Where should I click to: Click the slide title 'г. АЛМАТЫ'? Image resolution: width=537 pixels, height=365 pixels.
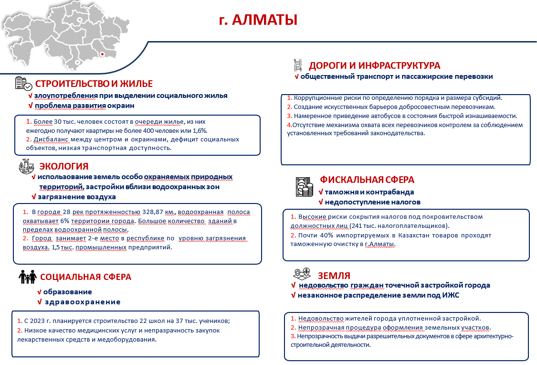258,20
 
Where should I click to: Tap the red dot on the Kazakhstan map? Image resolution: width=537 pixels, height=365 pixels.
101,54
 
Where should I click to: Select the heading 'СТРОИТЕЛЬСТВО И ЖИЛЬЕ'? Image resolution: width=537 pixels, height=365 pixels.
94,84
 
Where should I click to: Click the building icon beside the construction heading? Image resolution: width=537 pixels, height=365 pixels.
23,84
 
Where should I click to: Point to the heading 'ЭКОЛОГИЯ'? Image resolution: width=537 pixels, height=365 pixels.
63,166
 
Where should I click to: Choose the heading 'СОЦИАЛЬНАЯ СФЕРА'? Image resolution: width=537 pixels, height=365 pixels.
85,277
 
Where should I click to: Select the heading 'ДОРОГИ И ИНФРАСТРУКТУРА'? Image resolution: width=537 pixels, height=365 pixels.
374,65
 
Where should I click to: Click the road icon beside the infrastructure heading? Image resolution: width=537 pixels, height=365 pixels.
298,65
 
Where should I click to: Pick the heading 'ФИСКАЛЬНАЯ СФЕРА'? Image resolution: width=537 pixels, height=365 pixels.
367,180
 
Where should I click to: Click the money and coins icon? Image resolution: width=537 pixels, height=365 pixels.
304,187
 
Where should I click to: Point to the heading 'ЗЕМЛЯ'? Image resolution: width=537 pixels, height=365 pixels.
334,275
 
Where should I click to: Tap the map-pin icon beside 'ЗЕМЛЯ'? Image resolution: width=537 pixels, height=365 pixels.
303,274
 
